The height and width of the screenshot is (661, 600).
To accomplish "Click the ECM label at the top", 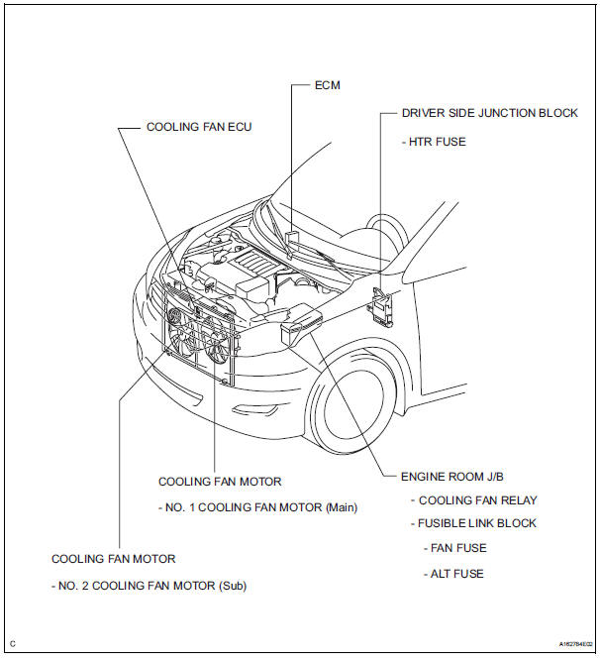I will click(327, 85).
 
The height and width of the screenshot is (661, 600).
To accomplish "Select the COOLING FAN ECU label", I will click(199, 127).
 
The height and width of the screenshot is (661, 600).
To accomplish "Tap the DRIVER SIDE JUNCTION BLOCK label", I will click(489, 113).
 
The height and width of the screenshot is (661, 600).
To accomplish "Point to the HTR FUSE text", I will click(434, 142).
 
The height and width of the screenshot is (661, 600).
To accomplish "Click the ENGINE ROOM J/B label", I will click(447, 476).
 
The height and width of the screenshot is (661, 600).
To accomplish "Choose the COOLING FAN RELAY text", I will click(476, 500).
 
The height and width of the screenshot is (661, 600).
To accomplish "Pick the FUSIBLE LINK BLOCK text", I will click(478, 523).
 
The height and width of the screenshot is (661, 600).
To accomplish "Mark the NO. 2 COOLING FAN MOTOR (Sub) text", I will click(149, 586).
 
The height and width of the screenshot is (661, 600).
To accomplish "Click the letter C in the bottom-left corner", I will click(13, 644).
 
